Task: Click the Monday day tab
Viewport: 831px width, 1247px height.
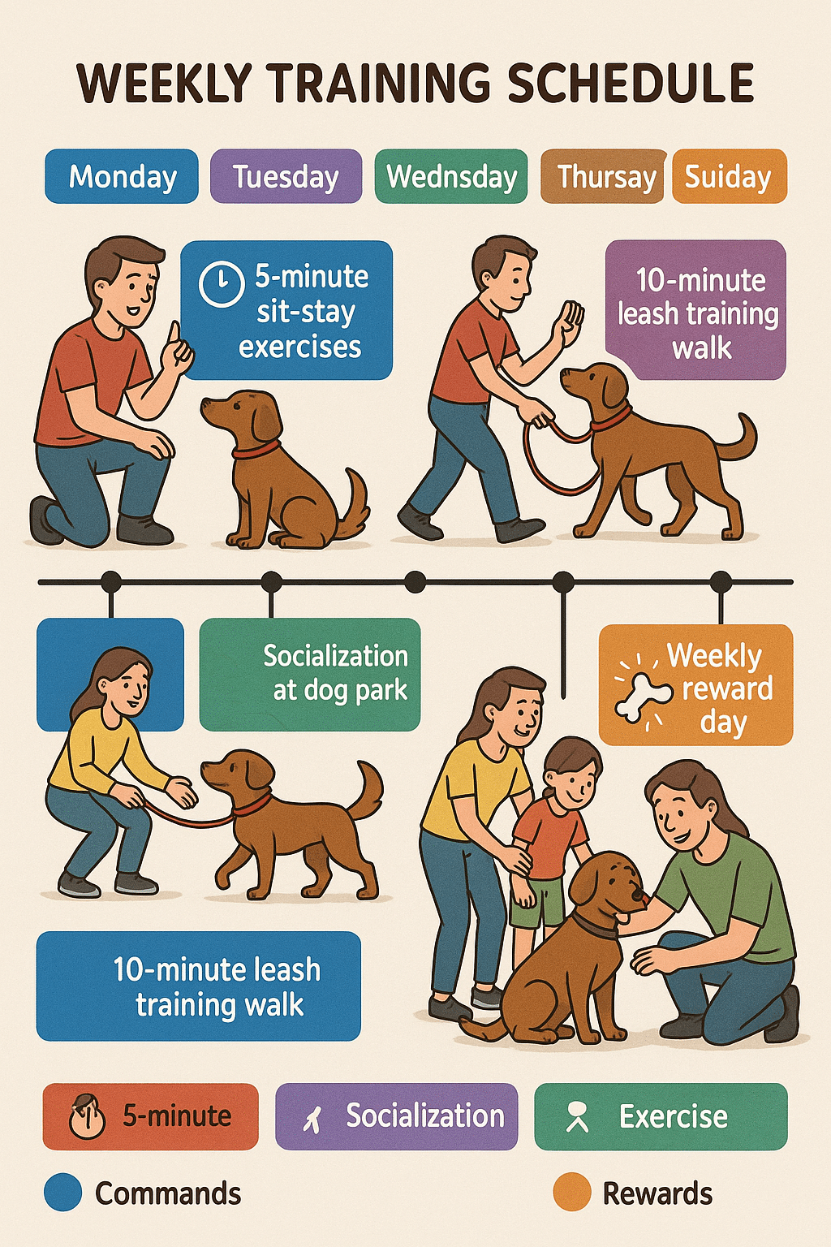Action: pos(122,176)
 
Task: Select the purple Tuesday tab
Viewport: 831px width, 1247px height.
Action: pos(286,176)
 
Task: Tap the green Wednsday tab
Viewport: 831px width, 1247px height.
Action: pos(451,176)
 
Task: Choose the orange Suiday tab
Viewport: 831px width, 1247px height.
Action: pos(730,176)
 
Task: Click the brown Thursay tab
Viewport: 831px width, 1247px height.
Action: pos(603,176)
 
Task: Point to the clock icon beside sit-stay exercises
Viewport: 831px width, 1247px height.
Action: pos(222,284)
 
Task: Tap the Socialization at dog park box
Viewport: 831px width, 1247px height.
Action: pos(309,674)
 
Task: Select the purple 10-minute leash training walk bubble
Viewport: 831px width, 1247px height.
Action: pos(695,309)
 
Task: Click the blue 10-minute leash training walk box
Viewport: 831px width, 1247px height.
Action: pos(199,986)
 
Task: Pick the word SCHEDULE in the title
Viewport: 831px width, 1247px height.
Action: pos(631,84)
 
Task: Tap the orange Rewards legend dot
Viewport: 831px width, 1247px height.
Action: pos(571,1192)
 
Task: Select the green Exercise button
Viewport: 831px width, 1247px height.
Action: pos(661,1116)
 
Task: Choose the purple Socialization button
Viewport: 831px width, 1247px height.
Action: pos(397,1116)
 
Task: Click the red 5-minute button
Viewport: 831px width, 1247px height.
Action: pos(151,1116)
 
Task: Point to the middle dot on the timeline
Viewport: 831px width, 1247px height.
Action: pos(415,582)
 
